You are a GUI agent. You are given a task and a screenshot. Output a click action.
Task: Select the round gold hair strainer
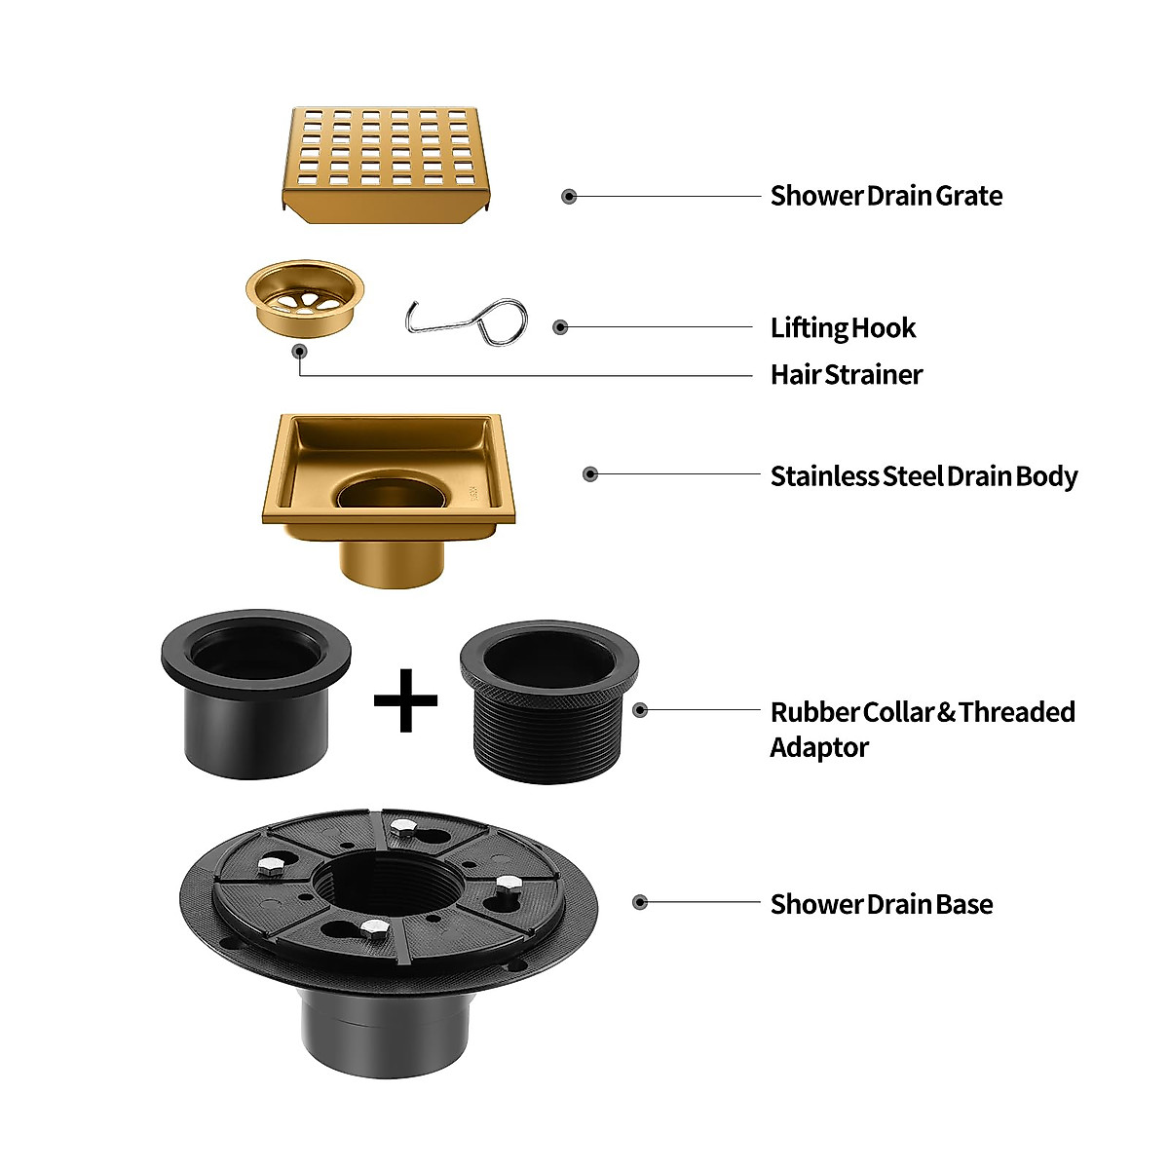point(304,294)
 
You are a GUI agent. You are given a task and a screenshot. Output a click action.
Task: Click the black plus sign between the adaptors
point(405,699)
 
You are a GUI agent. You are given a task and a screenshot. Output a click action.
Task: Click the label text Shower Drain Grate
point(886,196)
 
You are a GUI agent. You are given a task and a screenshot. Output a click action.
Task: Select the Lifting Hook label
point(843,328)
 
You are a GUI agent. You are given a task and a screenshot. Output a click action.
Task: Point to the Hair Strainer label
point(846,375)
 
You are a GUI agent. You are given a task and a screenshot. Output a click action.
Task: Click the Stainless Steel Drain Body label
point(924,476)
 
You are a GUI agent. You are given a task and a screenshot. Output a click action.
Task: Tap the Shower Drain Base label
point(881,904)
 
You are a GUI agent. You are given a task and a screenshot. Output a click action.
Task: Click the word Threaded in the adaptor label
point(1016,712)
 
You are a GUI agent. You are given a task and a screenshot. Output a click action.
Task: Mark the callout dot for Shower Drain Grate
point(569,197)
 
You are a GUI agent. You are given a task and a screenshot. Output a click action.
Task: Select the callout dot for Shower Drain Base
point(640,903)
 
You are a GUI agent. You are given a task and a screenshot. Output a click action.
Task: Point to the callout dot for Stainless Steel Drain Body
point(589,474)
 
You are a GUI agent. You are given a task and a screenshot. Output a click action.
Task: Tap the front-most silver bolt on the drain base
point(370,927)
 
